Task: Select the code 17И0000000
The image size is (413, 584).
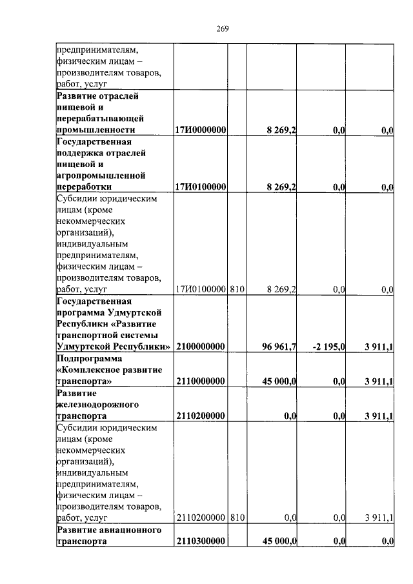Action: tap(200, 131)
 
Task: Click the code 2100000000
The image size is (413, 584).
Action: tap(200, 347)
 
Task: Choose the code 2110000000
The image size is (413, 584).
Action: tap(200, 381)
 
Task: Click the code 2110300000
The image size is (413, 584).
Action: tap(200, 542)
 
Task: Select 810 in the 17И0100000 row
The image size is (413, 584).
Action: tap(237, 290)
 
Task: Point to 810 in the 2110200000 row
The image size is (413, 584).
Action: tap(237, 518)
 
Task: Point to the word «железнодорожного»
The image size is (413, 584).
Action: tap(96, 405)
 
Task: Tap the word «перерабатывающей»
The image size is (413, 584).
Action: tap(97, 119)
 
